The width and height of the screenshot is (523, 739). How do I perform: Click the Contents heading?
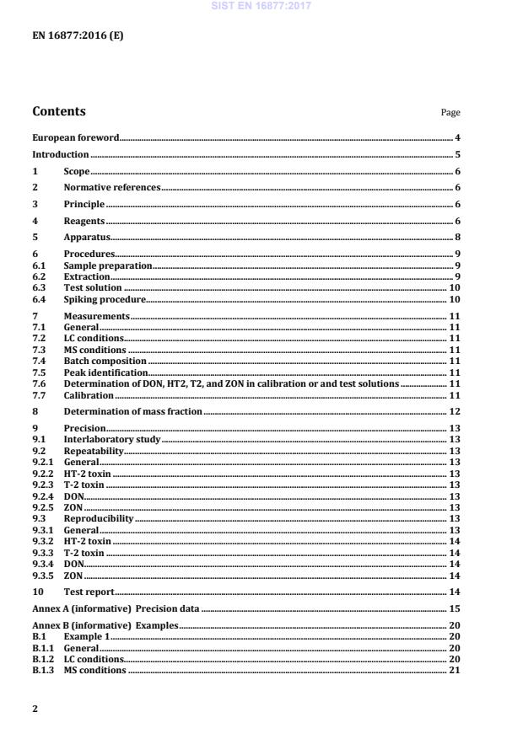(58, 111)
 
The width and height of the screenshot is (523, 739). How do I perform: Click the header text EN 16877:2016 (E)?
(77, 35)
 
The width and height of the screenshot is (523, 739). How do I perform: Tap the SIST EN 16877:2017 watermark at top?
(261, 6)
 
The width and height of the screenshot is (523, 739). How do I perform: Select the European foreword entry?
(76, 137)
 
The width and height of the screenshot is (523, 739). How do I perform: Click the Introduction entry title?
(60, 154)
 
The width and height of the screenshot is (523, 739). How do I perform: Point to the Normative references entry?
(112, 187)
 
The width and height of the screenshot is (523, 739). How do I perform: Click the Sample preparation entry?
(108, 265)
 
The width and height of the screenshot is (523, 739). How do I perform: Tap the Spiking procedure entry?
(105, 299)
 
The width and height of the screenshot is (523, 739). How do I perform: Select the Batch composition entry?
(105, 361)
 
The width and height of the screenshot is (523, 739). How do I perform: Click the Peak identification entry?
(105, 372)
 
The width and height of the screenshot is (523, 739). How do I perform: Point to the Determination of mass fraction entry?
(132, 411)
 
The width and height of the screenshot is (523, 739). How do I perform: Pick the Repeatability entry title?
(94, 451)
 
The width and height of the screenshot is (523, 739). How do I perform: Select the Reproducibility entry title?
(99, 518)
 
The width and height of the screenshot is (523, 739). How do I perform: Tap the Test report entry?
(89, 592)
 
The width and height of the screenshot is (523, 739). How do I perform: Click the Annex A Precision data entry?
(116, 608)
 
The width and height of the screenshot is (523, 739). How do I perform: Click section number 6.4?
(38, 299)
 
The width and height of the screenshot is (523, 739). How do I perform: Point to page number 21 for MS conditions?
(454, 670)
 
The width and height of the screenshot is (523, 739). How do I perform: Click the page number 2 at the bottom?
(35, 709)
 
